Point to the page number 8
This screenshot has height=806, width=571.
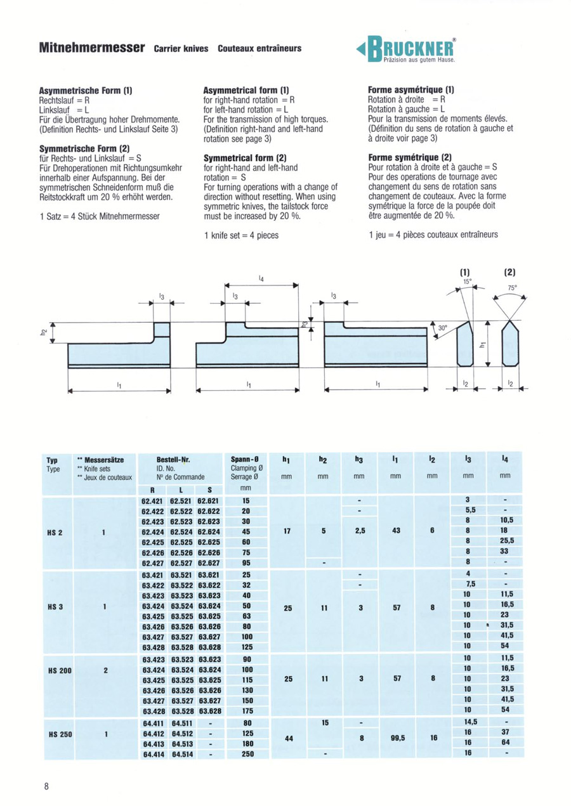coord(47,786)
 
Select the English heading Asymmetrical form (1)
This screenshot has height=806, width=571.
coord(246,91)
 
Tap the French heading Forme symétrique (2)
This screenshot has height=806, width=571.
coord(410,157)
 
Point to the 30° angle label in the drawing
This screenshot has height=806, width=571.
coord(443,328)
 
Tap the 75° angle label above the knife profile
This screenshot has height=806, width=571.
coord(512,287)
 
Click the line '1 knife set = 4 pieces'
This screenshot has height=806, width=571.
coord(242,235)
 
